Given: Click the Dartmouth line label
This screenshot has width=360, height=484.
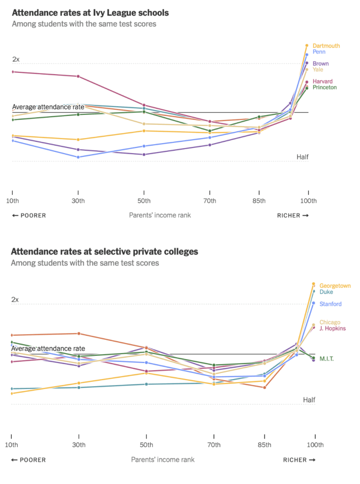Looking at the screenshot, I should click(326, 46).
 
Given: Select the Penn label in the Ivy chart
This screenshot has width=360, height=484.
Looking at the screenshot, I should click(319, 52).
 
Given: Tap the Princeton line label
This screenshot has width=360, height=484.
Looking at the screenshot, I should click(325, 87).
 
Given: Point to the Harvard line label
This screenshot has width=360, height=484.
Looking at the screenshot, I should click(323, 81).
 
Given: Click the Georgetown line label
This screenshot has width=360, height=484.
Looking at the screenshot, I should click(335, 286).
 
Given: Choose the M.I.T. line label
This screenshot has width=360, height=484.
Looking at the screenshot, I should click(326, 359).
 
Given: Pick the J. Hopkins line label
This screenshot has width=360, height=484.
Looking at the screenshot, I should click(333, 328).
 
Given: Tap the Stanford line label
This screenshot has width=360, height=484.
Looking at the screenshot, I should click(330, 304).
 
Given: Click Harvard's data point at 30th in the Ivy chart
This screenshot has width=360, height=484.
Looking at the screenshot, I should click(78, 76).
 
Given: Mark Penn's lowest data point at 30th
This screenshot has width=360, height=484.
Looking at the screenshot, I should click(78, 157).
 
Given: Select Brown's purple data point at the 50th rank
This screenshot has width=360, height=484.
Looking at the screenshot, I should click(144, 154).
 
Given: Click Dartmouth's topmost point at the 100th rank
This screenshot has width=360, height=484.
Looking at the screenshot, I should click(307, 45).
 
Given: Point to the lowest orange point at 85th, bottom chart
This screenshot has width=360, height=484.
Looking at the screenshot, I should click(265, 388).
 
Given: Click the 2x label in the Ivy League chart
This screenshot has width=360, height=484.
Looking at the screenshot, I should click(16, 59).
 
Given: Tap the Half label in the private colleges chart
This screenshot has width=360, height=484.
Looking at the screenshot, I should click(309, 400).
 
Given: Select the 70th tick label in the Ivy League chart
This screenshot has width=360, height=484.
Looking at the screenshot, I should click(210, 201).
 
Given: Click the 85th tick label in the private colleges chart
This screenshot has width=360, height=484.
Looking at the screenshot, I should click(265, 445).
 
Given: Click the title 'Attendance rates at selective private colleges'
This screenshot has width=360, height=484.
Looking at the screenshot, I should click(104, 252).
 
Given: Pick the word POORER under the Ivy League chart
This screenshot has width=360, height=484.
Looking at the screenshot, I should click(33, 216).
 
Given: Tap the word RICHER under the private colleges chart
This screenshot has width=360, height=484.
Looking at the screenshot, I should click(295, 460).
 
